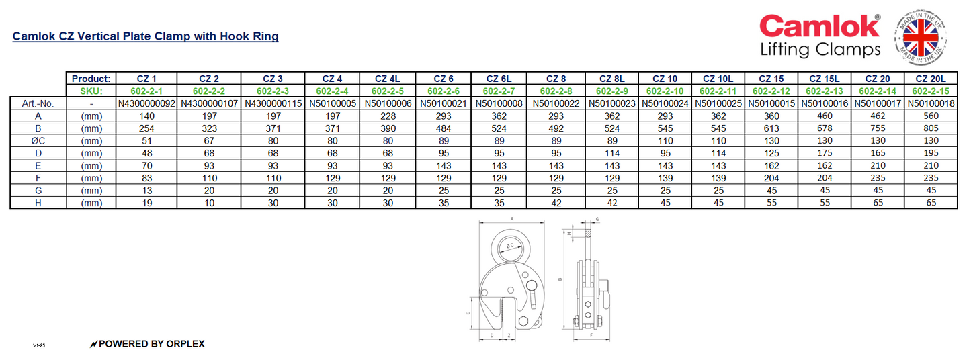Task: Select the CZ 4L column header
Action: point(387,79)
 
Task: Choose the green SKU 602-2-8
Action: point(556,91)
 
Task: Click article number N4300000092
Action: point(145,103)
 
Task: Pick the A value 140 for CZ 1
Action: point(145,116)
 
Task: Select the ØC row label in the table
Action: point(38,142)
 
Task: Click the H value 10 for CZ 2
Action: point(210,203)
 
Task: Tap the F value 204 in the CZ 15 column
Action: point(771,178)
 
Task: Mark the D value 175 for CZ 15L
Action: point(825,154)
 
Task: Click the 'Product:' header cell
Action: point(91,79)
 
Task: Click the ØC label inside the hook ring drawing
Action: point(511,246)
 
